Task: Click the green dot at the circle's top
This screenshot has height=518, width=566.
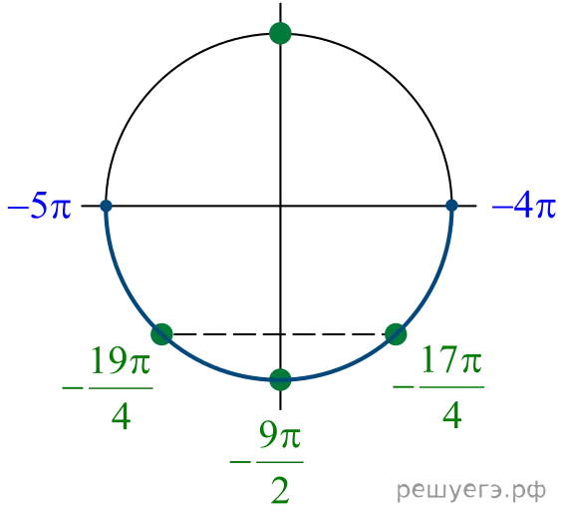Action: [x=280, y=33]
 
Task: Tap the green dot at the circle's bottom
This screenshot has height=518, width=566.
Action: [x=280, y=379]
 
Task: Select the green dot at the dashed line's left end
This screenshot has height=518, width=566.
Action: [x=161, y=334]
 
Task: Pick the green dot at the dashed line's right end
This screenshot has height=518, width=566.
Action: [x=396, y=334]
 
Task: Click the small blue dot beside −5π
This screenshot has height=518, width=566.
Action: [x=106, y=206]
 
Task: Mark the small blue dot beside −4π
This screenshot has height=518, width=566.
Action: [x=451, y=206]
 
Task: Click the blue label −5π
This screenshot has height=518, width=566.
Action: [x=40, y=208]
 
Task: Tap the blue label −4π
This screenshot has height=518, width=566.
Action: [x=524, y=208]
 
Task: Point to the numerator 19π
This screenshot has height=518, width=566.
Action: [x=121, y=360]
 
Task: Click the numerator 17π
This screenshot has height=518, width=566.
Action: [x=452, y=359]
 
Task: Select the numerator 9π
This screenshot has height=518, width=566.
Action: [x=280, y=435]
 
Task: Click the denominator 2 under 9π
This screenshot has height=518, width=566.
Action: [x=280, y=490]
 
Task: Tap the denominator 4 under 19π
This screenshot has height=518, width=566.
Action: [x=122, y=416]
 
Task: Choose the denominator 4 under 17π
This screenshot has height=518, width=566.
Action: [x=452, y=415]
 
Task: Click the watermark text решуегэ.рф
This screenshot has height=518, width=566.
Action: [x=471, y=490]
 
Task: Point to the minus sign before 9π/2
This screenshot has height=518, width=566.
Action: [x=240, y=462]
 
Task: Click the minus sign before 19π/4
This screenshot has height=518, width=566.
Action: [x=73, y=388]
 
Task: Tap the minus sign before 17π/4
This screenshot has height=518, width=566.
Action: [x=404, y=387]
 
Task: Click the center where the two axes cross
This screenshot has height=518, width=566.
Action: [x=280, y=206]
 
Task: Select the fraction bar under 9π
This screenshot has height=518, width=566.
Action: [x=280, y=462]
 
